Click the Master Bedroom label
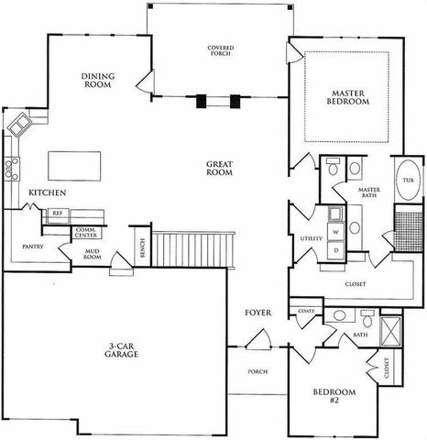point(349,97)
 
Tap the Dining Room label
point(96,80)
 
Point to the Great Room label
point(220,169)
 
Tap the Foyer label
point(257,313)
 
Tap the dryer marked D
point(335,248)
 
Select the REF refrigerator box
point(57,213)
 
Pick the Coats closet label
point(306,312)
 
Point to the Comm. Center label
point(87,233)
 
